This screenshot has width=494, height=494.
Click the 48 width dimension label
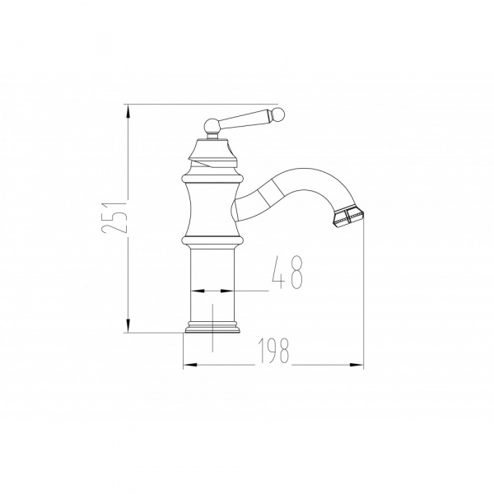coord(287,272)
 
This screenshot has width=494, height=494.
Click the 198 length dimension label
coord(273,351)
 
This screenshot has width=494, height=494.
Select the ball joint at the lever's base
coord(212,126)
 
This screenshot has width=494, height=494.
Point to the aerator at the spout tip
coord(347,216)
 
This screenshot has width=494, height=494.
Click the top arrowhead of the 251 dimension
coord(128,111)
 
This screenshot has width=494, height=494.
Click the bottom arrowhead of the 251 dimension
coord(128,325)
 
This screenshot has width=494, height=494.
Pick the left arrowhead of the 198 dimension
coord(190,365)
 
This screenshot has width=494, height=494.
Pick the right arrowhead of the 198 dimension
coord(357,365)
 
